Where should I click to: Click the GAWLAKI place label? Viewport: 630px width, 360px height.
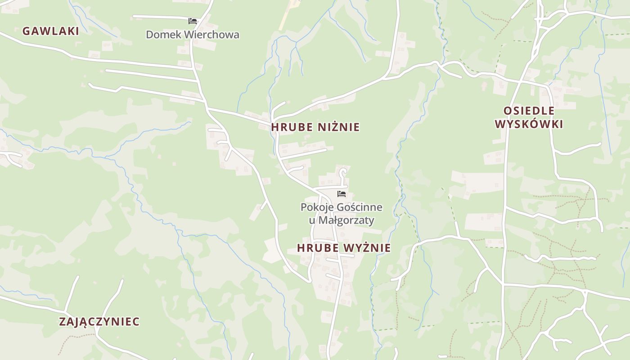tap(50, 31)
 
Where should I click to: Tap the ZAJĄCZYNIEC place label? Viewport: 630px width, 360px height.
tap(99, 322)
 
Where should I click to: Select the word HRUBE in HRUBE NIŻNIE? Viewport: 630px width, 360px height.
tap(292, 127)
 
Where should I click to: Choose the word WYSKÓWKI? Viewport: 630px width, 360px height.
tap(529, 124)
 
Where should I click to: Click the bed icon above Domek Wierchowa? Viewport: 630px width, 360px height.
tap(193, 21)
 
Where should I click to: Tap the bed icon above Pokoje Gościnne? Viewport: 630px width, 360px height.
tap(342, 194)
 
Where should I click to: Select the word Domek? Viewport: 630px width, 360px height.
tap(160, 35)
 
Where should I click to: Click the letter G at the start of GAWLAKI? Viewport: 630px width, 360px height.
tap(26, 31)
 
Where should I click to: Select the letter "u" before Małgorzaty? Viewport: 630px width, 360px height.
tap(312, 221)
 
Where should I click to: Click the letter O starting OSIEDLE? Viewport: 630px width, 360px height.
tap(507, 111)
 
